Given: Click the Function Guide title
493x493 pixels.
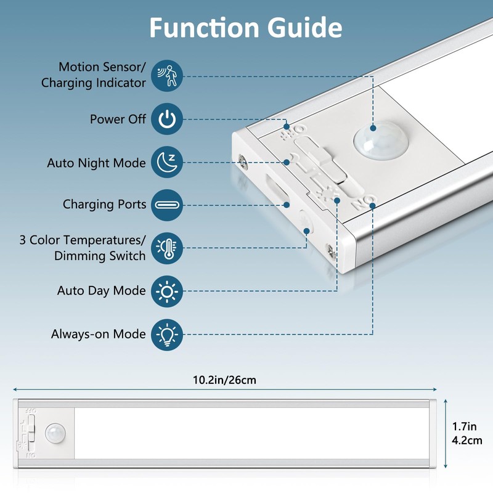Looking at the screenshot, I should click(x=246, y=28).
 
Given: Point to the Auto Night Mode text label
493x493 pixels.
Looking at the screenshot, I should click(x=96, y=163).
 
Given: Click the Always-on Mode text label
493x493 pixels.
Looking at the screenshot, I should click(x=98, y=335).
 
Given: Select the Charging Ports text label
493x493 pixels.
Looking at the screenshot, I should click(x=104, y=205).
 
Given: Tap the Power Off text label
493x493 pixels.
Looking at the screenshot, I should click(x=118, y=120).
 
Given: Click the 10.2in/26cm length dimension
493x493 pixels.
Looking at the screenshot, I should click(x=224, y=380).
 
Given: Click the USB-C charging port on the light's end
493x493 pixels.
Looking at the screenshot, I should click(x=275, y=190).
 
